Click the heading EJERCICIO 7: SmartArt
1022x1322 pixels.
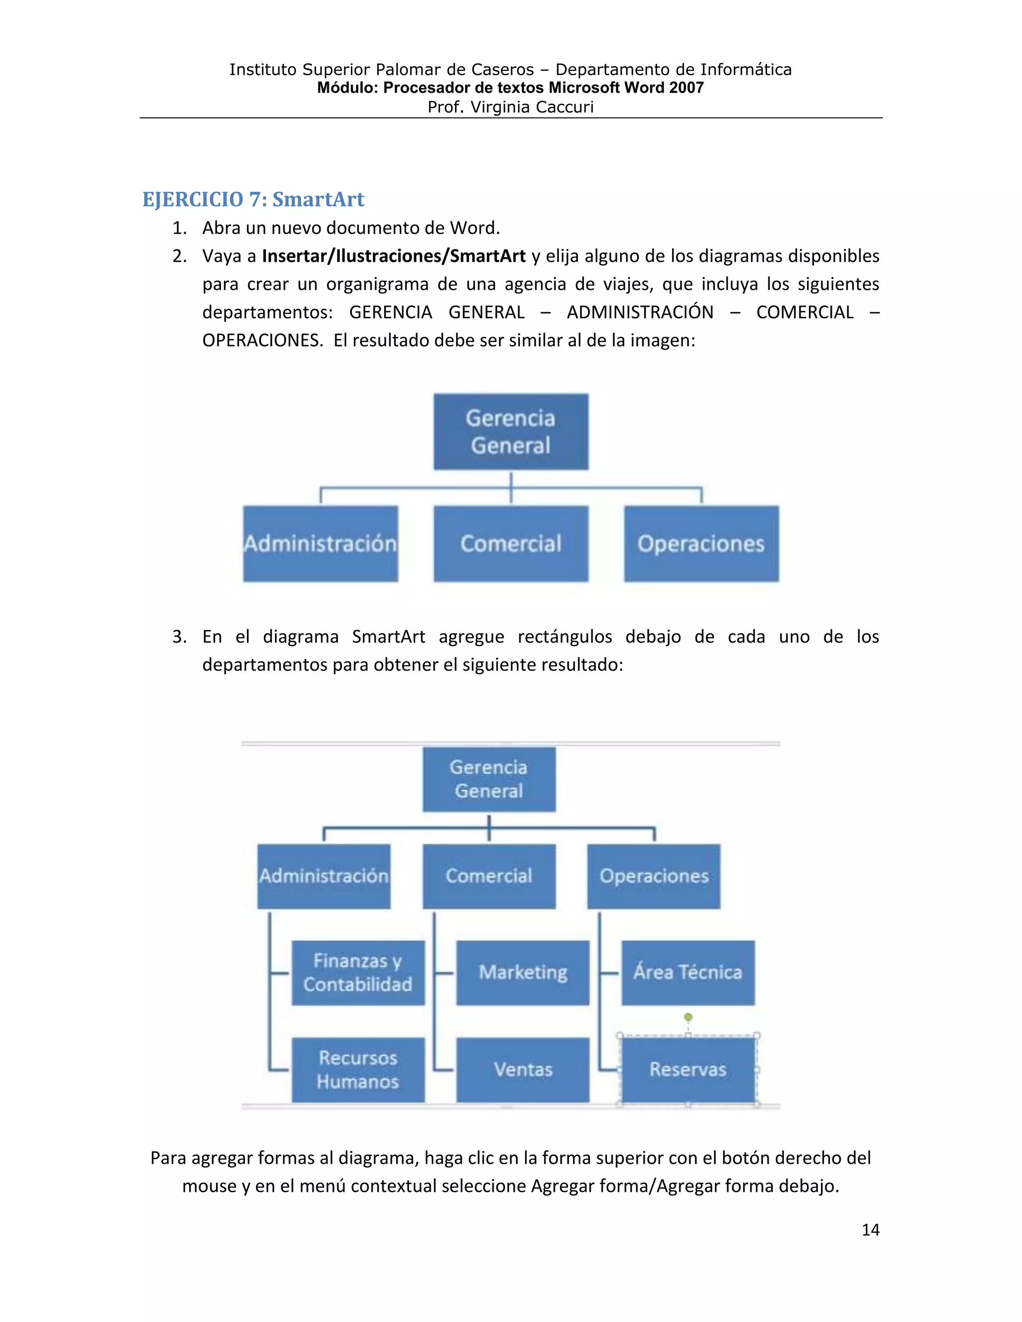[x=253, y=199]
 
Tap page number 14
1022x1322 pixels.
[x=870, y=1229]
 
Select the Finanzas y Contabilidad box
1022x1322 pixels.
[x=358, y=972]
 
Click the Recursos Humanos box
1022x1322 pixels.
[x=358, y=1070]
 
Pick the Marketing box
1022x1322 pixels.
[x=522, y=972]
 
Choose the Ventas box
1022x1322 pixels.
[x=522, y=1070]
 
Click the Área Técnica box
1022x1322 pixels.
[x=688, y=972]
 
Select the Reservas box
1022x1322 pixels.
[x=688, y=1070]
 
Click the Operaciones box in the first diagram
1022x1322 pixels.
[x=701, y=544]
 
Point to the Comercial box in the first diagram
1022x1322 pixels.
[x=511, y=544]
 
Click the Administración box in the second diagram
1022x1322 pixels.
[x=324, y=876]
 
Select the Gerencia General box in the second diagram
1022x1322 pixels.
[x=489, y=779]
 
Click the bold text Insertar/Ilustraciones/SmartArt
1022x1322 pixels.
[x=394, y=256]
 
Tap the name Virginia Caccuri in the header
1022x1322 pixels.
[x=531, y=107]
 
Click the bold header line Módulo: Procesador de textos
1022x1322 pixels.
[x=510, y=88]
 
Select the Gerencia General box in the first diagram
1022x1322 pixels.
[x=511, y=432]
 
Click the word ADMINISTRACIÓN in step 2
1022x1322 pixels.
[x=640, y=312]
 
